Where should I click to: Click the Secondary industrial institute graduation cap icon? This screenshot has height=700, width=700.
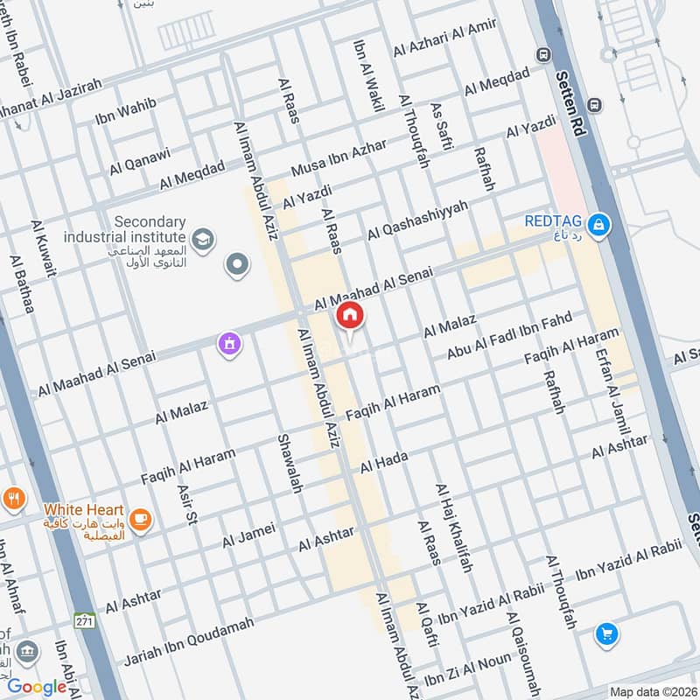pos(203,238)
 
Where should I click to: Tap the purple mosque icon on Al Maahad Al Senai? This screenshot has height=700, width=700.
pos(230,345)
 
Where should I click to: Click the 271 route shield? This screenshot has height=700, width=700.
pos(84,619)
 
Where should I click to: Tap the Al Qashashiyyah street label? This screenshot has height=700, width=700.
pos(418,220)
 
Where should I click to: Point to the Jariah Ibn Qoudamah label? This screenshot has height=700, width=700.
pos(190,640)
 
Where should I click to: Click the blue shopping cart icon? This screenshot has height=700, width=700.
pos(606,633)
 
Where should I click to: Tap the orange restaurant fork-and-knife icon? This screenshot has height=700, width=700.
pos(13,500)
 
